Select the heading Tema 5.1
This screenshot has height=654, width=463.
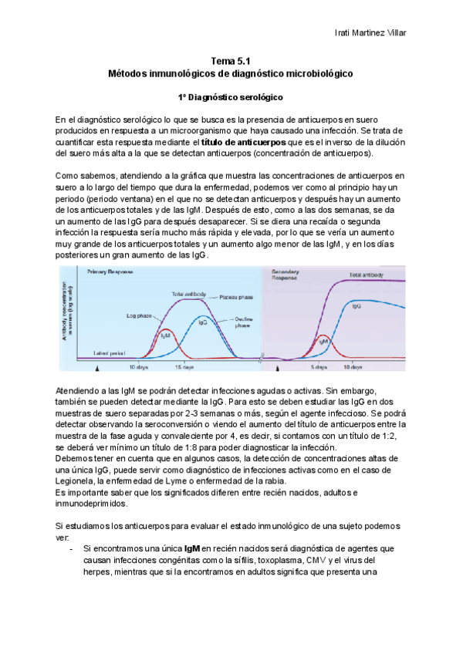231,60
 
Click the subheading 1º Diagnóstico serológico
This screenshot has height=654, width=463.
231,98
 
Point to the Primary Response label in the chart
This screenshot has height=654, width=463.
111,273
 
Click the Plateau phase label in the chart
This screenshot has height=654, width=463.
235,296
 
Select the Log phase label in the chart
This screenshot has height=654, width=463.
139,315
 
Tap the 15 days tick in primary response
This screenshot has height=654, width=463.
184,367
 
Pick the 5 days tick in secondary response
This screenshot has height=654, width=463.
323,367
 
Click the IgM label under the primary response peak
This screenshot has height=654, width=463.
165,335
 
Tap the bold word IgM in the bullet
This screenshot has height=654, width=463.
192,548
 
